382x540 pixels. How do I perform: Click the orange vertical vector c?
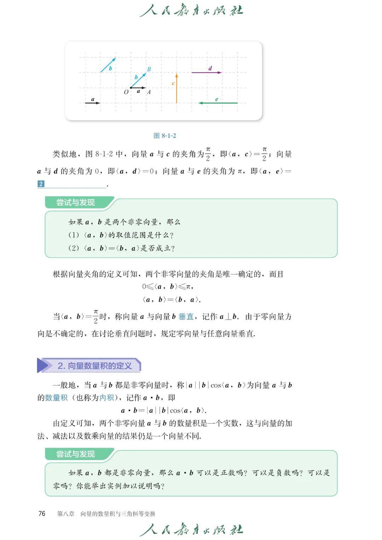point(176,88)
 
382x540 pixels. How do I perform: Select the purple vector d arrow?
point(207,72)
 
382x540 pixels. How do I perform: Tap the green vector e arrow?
point(218,103)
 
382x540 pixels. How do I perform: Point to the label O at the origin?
point(126,92)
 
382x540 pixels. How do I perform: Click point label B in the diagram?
point(149,69)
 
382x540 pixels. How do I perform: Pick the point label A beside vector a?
point(149,92)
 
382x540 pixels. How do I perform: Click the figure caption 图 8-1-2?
point(165,136)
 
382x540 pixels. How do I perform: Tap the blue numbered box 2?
point(41,184)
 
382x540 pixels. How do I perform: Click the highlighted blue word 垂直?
point(186,317)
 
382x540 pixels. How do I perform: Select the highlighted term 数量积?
point(56,398)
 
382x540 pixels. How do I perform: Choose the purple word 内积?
point(107,398)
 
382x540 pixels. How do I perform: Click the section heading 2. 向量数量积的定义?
point(94,366)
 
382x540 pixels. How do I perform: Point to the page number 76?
point(42,513)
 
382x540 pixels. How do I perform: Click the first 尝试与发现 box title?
point(76,203)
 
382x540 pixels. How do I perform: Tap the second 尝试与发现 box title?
point(76,454)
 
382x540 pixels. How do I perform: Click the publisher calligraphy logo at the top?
point(191,11)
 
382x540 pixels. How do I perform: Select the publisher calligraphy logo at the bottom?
point(191,529)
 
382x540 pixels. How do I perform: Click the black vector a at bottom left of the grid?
point(93,103)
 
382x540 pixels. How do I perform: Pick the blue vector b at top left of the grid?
point(108,65)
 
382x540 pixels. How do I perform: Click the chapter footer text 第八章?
point(66,514)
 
